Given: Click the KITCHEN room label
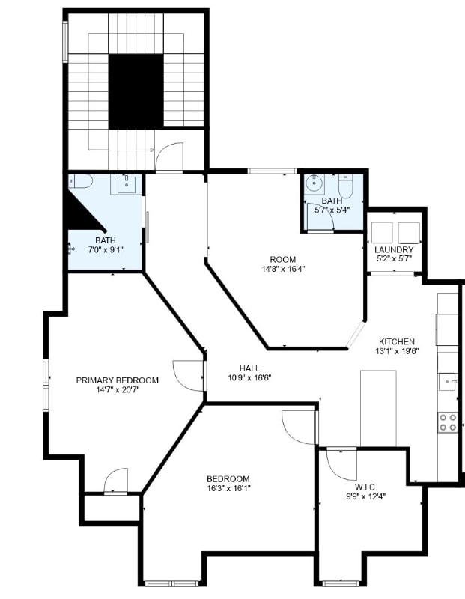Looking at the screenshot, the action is click(x=397, y=341).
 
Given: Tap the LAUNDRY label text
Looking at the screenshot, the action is click(x=394, y=249).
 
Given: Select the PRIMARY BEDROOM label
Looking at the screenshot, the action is click(x=118, y=380).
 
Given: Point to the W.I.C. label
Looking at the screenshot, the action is click(x=365, y=487).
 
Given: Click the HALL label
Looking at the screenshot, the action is click(x=249, y=368).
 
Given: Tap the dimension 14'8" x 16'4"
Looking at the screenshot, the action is click(x=283, y=269).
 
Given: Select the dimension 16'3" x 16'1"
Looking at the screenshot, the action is click(x=228, y=488).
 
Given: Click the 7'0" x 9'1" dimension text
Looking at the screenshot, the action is click(x=106, y=250).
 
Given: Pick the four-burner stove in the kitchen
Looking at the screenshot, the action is click(x=448, y=422).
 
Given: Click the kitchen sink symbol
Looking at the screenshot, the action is click(x=448, y=382).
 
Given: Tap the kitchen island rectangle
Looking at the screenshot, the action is click(x=378, y=408).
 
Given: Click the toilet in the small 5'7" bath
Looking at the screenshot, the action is click(x=345, y=186).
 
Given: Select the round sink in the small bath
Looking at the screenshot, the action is click(x=314, y=183).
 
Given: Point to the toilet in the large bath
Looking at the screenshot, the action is click(x=81, y=181).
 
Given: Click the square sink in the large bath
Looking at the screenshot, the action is click(x=126, y=184).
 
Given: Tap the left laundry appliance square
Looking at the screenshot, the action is click(x=382, y=233).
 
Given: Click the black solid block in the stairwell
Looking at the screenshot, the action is click(x=136, y=91).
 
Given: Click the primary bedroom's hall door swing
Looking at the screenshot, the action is click(x=187, y=376).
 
